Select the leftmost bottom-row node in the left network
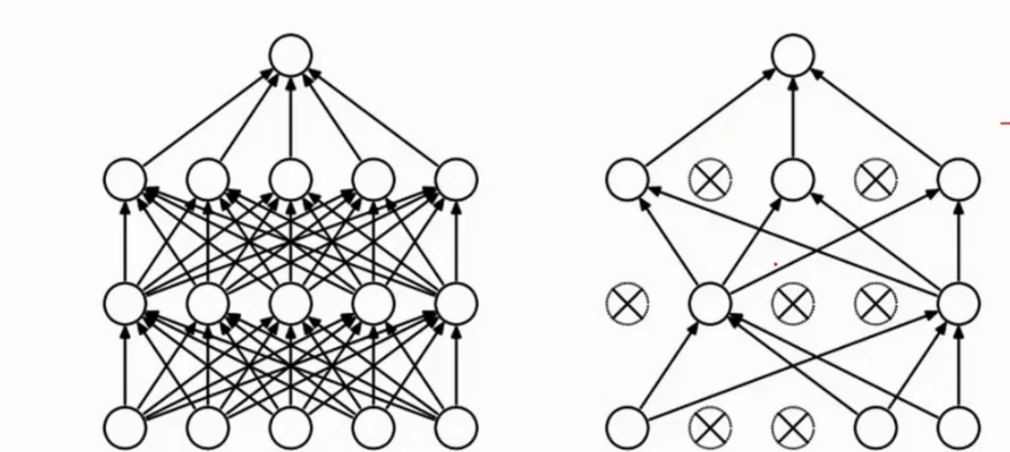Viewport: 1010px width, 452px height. tap(125, 426)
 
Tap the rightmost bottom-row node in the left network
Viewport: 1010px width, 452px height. tap(456, 426)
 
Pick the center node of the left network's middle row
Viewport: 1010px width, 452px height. tap(291, 302)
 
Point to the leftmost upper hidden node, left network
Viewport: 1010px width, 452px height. tap(125, 178)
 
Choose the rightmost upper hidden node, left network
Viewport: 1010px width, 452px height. tap(456, 178)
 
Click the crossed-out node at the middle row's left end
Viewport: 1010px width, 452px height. tap(628, 302)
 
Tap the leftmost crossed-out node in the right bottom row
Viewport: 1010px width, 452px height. tap(710, 426)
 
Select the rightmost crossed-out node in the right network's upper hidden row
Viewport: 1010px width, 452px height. tap(875, 178)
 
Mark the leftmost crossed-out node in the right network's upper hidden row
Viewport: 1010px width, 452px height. tap(710, 178)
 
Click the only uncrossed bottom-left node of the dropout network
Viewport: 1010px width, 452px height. tap(628, 426)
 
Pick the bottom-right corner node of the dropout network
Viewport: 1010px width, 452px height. tap(958, 426)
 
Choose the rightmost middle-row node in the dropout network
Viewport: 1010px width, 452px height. tap(958, 302)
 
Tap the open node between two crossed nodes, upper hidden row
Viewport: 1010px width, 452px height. tap(792, 178)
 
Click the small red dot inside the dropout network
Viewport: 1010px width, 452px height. tap(776, 265)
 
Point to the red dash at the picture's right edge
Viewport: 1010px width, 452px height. tap(1005, 123)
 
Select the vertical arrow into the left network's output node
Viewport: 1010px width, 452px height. tap(291, 114)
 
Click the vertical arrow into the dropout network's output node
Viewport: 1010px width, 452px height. tap(792, 114)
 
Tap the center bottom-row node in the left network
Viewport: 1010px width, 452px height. tap(291, 426)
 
